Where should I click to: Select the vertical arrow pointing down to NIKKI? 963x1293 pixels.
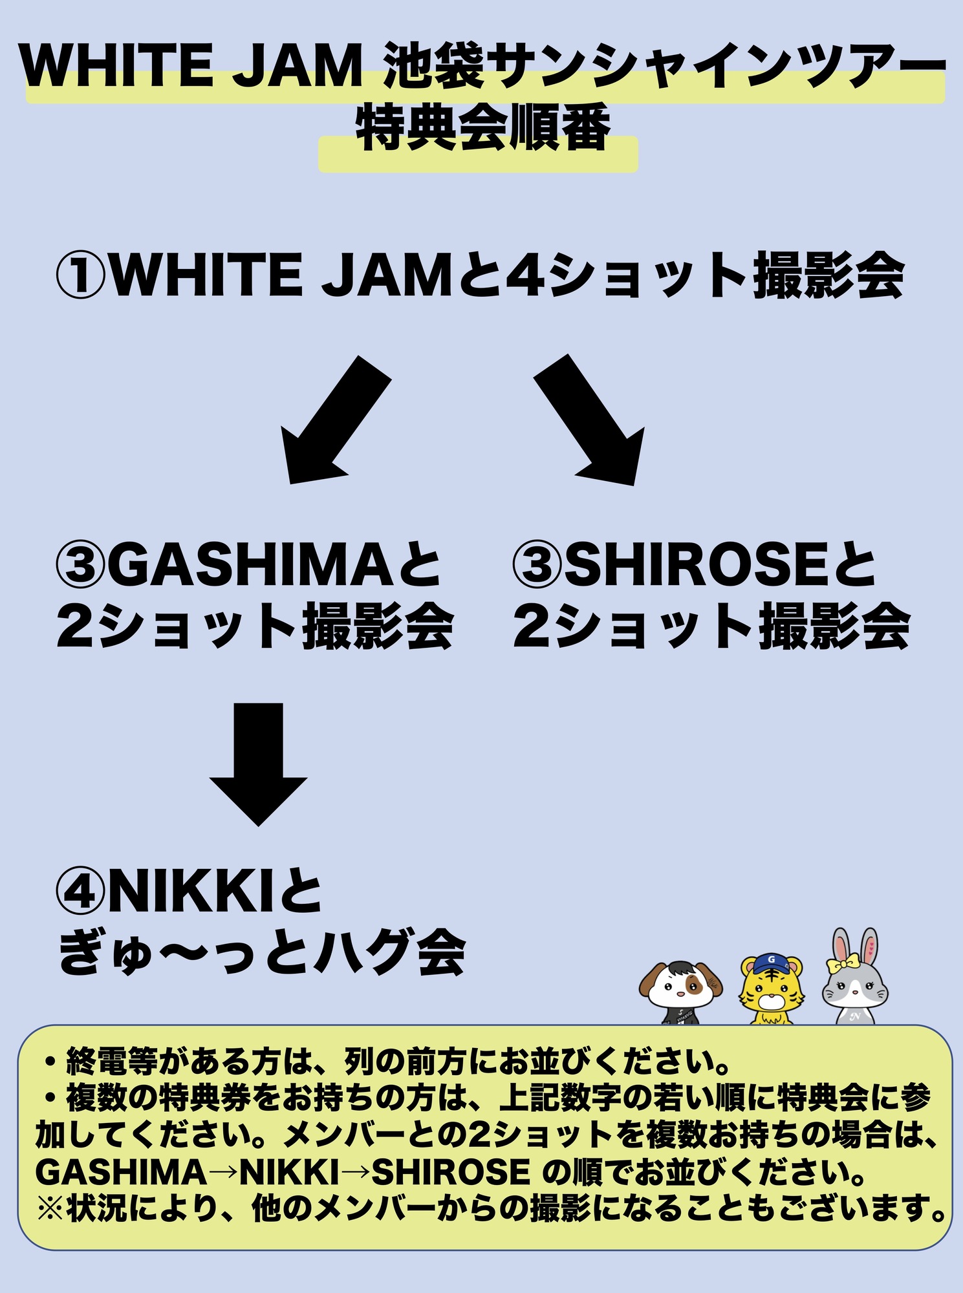[x=258, y=763]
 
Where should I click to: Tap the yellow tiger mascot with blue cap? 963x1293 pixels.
[x=772, y=989]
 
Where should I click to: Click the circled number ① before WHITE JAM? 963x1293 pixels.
[x=80, y=275]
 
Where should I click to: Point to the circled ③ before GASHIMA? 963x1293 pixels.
[x=80, y=564]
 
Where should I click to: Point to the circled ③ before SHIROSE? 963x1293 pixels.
[x=537, y=564]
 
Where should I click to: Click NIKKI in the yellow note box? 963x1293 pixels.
[x=290, y=1172]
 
